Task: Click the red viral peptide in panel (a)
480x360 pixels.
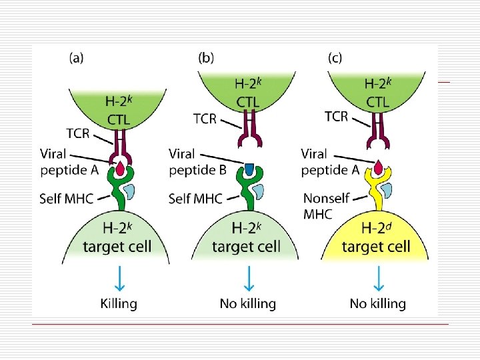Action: [121, 169]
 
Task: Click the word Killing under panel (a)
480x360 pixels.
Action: [119, 303]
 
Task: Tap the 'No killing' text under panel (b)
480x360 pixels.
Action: [247, 303]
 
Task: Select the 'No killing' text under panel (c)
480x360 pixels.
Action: [377, 303]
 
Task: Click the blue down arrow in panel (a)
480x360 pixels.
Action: [119, 278]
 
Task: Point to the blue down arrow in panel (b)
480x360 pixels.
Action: [248, 278]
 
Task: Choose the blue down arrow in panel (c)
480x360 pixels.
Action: [378, 278]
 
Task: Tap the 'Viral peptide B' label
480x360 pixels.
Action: [198, 162]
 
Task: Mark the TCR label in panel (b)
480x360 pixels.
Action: [200, 119]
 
